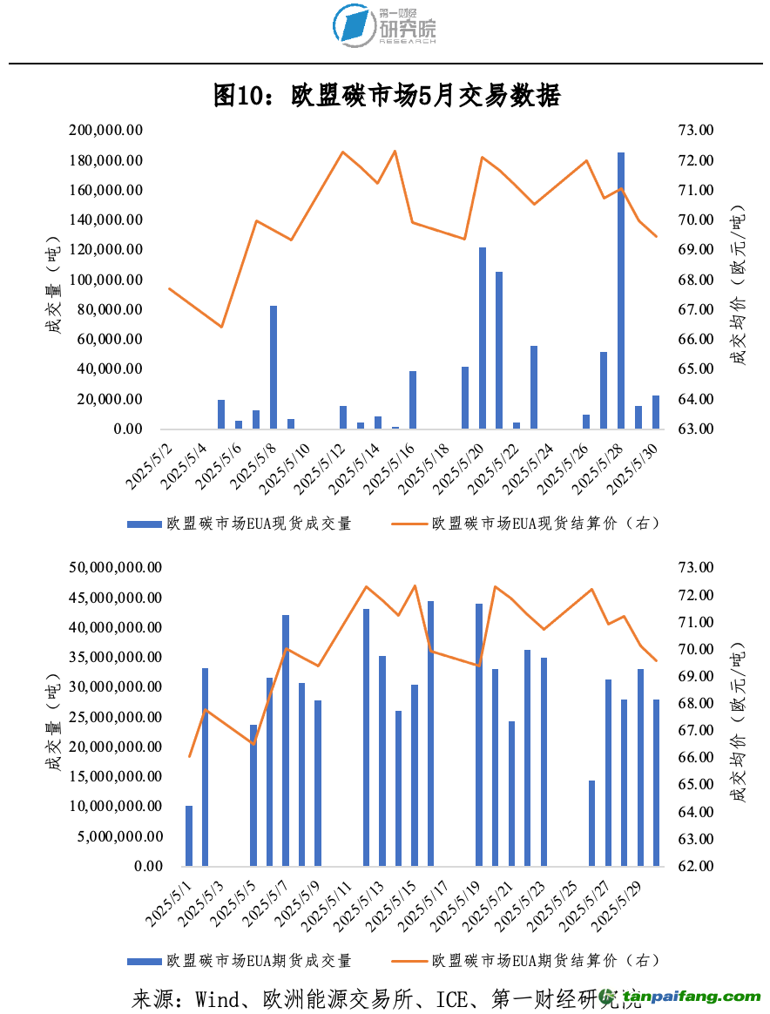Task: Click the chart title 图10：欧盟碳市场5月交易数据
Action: [x=386, y=97]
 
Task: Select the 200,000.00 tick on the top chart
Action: [x=106, y=131]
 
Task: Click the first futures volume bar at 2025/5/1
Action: [x=189, y=836]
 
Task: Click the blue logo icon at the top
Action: [x=352, y=25]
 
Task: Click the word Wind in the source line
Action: [x=218, y=998]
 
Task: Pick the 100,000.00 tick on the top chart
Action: [x=106, y=281]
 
